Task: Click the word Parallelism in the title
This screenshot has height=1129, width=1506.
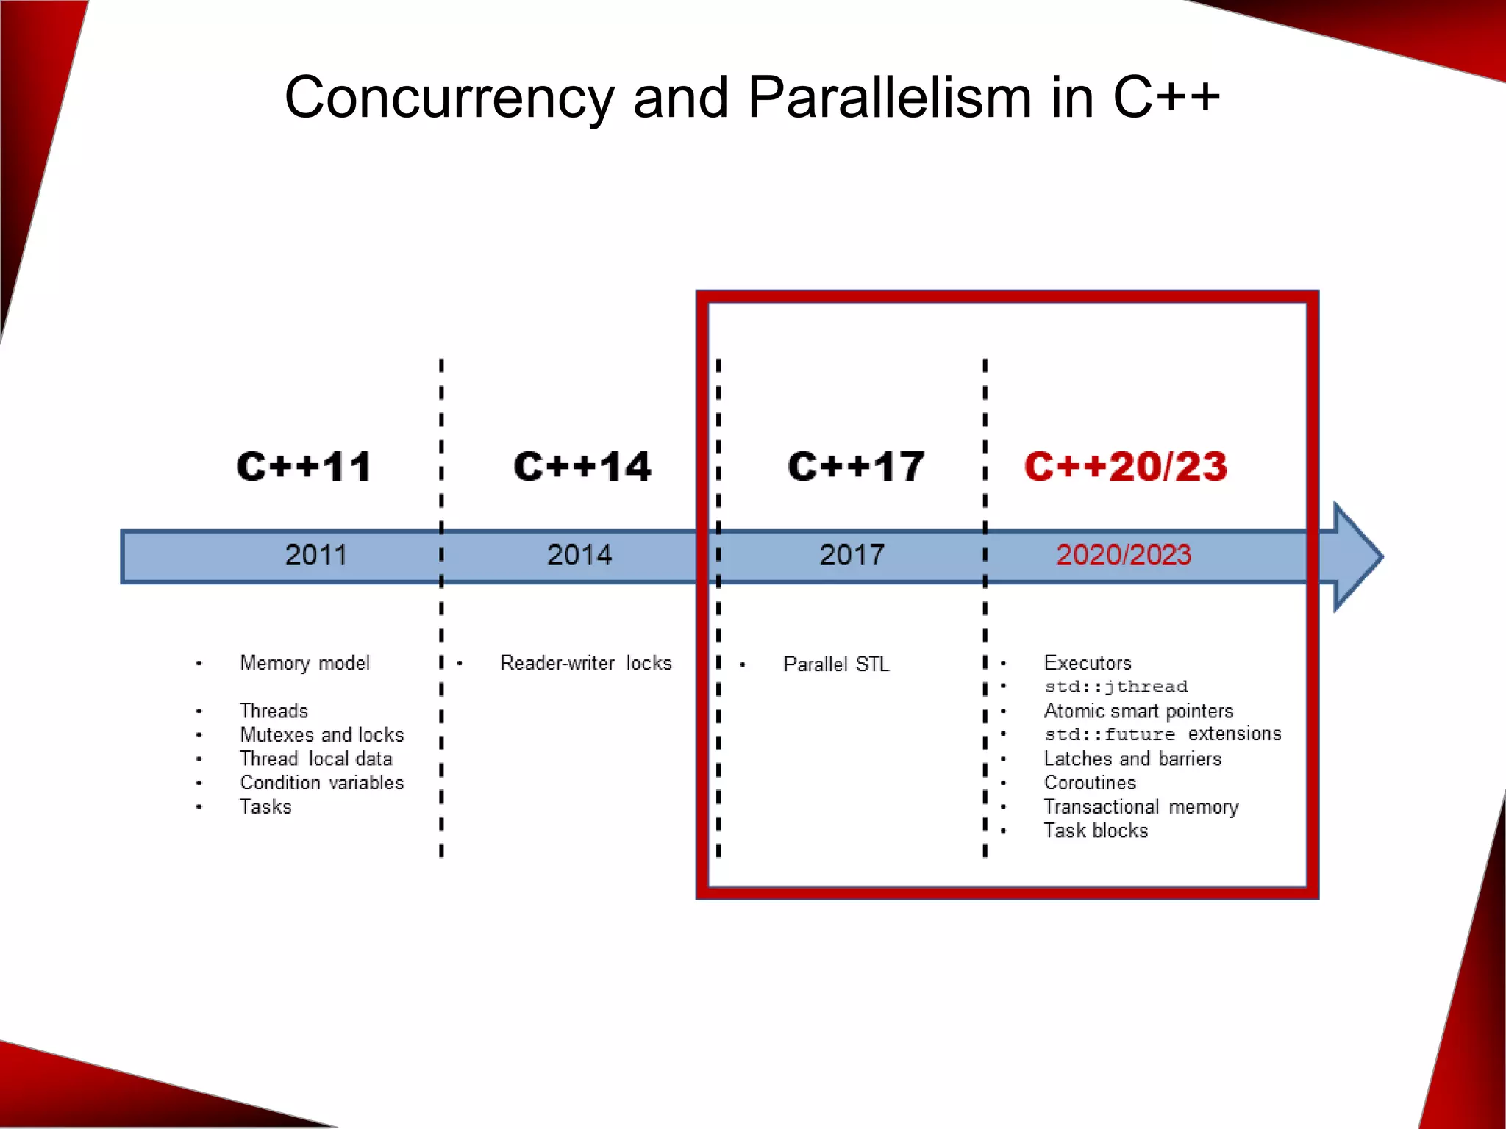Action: click(890, 98)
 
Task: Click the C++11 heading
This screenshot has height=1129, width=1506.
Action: click(304, 467)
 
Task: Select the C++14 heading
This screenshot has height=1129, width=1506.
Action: click(582, 467)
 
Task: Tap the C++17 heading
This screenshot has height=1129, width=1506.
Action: click(856, 467)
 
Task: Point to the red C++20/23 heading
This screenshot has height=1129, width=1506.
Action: click(1126, 467)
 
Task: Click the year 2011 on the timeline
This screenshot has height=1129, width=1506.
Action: click(316, 555)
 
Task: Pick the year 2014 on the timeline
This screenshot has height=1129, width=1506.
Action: click(579, 555)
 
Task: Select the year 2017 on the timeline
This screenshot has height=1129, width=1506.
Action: click(852, 555)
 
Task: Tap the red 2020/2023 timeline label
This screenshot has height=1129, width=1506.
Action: click(1124, 555)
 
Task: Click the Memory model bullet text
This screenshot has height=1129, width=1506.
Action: click(304, 663)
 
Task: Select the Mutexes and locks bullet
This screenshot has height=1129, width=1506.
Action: click(321, 735)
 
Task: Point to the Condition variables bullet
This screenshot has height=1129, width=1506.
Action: click(321, 783)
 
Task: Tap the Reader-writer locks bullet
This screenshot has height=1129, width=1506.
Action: click(586, 663)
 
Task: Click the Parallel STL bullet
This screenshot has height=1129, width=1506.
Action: click(836, 664)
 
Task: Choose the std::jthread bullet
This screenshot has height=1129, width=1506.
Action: click(1116, 687)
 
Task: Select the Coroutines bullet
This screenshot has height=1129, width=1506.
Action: click(1090, 783)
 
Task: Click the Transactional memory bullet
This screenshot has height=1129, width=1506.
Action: click(1141, 807)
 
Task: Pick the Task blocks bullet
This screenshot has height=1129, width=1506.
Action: click(1096, 831)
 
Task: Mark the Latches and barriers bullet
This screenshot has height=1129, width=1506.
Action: click(1132, 759)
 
